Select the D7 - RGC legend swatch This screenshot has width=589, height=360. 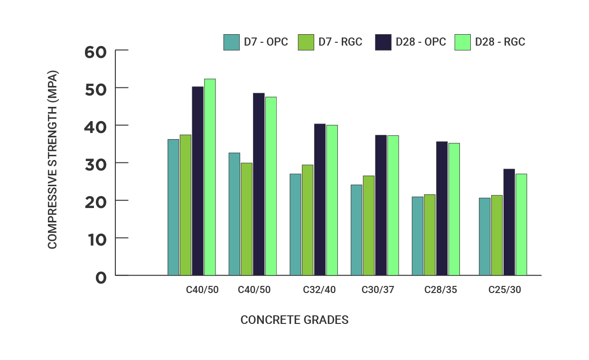tap(306, 42)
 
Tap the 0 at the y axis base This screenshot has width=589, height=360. tap(101, 278)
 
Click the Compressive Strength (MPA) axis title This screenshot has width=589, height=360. tap(52, 160)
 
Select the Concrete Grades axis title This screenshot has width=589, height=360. tap(294, 320)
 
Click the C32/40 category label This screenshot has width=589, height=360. tap(319, 290)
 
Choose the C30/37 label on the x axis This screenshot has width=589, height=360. tap(378, 290)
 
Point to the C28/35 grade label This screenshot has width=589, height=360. tap(440, 290)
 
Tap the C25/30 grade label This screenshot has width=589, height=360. tap(505, 290)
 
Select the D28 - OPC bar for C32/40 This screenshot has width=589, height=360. tap(320, 199)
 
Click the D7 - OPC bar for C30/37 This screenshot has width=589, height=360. tap(356, 230)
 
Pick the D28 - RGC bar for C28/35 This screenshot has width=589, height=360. tap(454, 209)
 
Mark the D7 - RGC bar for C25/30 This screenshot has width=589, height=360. tap(497, 235)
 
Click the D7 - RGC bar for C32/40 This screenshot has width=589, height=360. tap(308, 220)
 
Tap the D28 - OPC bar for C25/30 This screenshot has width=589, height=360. tap(509, 222)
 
